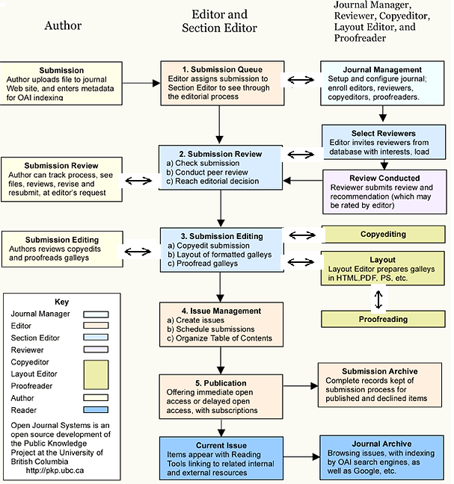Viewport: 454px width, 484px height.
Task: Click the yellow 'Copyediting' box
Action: (383, 235)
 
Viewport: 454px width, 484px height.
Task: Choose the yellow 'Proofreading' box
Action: (383, 319)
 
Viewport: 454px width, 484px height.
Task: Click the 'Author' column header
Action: (63, 26)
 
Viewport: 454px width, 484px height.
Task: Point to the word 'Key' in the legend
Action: (61, 302)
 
